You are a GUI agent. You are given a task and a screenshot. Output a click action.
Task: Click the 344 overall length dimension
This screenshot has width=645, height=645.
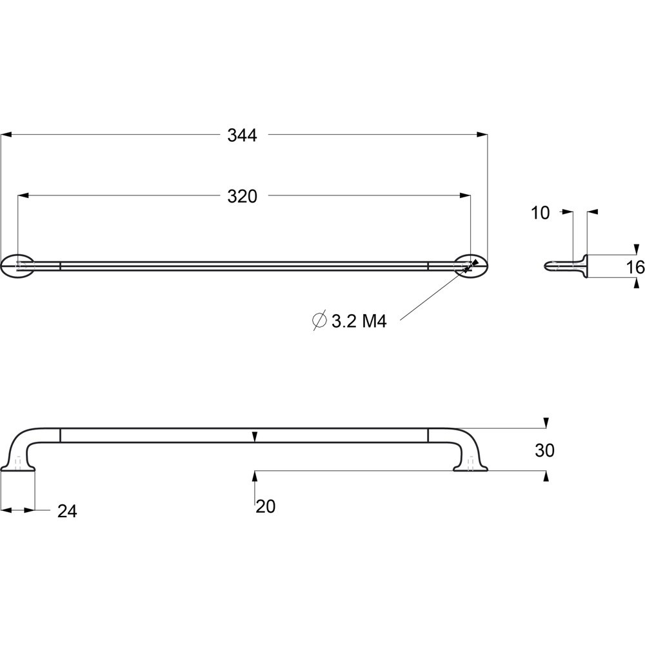pyautogui.click(x=243, y=135)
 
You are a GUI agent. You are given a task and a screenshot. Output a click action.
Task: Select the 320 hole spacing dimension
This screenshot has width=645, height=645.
pyautogui.click(x=243, y=197)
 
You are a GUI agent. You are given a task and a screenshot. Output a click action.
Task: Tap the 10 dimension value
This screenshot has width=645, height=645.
pyautogui.click(x=540, y=213)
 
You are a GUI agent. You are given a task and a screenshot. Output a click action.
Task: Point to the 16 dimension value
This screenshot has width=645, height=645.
pyautogui.click(x=635, y=268)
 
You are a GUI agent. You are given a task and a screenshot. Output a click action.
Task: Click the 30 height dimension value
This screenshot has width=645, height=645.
pyautogui.click(x=544, y=451)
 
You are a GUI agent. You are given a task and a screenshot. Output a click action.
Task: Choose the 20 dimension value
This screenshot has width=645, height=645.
pyautogui.click(x=265, y=506)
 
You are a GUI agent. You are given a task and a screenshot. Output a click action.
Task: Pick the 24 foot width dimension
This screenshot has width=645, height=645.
pyautogui.click(x=67, y=511)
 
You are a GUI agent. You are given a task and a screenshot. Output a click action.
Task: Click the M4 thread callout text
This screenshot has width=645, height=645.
pyautogui.click(x=374, y=321)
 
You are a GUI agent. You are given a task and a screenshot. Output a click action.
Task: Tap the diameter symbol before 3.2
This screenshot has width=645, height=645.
pyautogui.click(x=320, y=320)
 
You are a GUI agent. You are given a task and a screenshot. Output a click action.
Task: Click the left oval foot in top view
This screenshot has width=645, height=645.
pyautogui.click(x=17, y=266)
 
